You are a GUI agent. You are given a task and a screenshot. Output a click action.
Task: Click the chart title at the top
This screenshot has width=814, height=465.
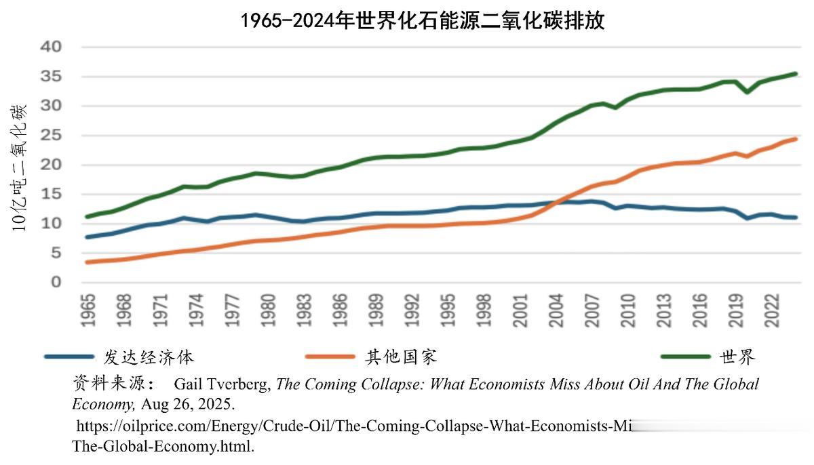point(422,20)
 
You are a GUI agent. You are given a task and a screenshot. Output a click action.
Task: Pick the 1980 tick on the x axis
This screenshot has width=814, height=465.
point(269,311)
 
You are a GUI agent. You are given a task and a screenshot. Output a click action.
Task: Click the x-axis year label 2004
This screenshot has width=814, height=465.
point(557,311)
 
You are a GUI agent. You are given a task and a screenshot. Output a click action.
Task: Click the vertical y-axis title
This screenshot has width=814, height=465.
point(20,167)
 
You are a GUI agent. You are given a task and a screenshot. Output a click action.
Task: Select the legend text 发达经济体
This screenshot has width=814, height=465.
point(149,357)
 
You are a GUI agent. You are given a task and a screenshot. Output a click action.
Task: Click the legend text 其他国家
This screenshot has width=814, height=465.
point(401,357)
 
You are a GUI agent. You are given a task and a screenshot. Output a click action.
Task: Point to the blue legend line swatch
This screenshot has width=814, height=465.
point(69,357)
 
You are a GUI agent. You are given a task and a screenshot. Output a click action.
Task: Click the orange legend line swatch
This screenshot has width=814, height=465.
point(330,357)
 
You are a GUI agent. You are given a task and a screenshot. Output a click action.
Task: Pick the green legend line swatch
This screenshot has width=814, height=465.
point(685,357)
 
